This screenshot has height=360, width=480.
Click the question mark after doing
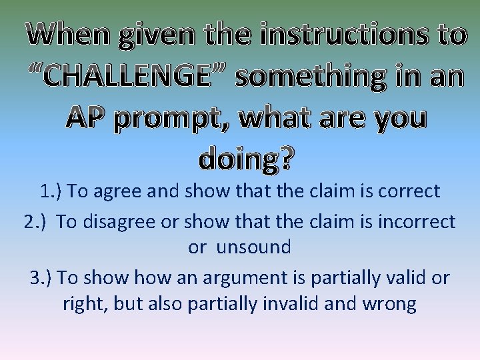(285, 159)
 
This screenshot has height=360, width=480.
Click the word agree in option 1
(117, 192)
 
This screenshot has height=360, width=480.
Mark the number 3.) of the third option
(41, 276)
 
